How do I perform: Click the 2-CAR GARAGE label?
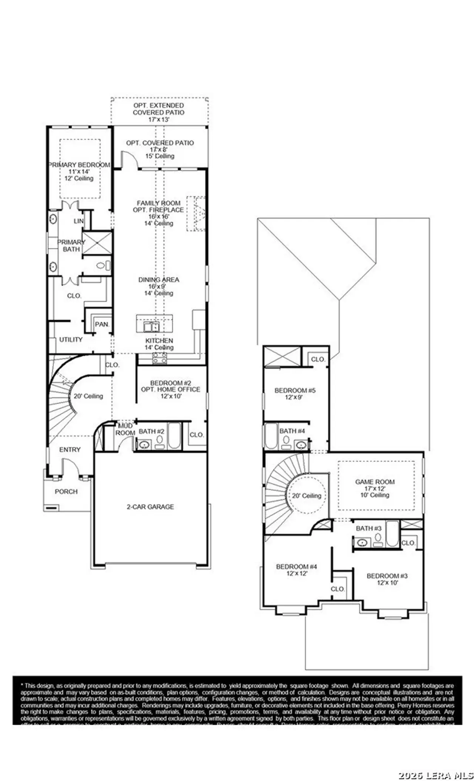150,507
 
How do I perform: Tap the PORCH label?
66,492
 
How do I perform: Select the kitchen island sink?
151,327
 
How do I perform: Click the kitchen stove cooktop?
160,358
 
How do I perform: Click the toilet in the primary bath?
103,265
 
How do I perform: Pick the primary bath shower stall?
97,243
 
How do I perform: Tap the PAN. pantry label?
102,324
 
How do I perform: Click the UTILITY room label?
71,340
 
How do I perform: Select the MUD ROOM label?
125,430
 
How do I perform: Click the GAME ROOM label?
375,482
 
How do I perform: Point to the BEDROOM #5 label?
295,390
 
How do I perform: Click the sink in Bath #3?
362,543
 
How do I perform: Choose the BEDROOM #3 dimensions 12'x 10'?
387,583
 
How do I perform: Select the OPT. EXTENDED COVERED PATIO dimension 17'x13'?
158,119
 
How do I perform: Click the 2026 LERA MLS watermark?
435,775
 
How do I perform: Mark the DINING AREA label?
158,280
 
